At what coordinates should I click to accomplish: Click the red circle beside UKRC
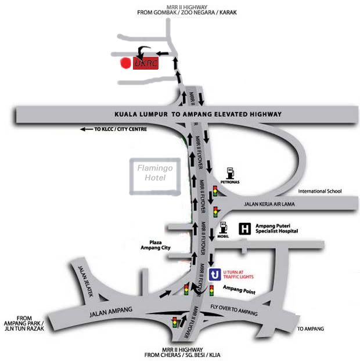(124, 63)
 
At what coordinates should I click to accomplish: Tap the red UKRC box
(146, 63)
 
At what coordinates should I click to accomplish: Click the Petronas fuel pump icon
(230, 172)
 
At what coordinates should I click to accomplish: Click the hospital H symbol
(245, 228)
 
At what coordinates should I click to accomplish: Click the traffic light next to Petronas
(215, 190)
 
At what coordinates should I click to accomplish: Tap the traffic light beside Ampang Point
(212, 290)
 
